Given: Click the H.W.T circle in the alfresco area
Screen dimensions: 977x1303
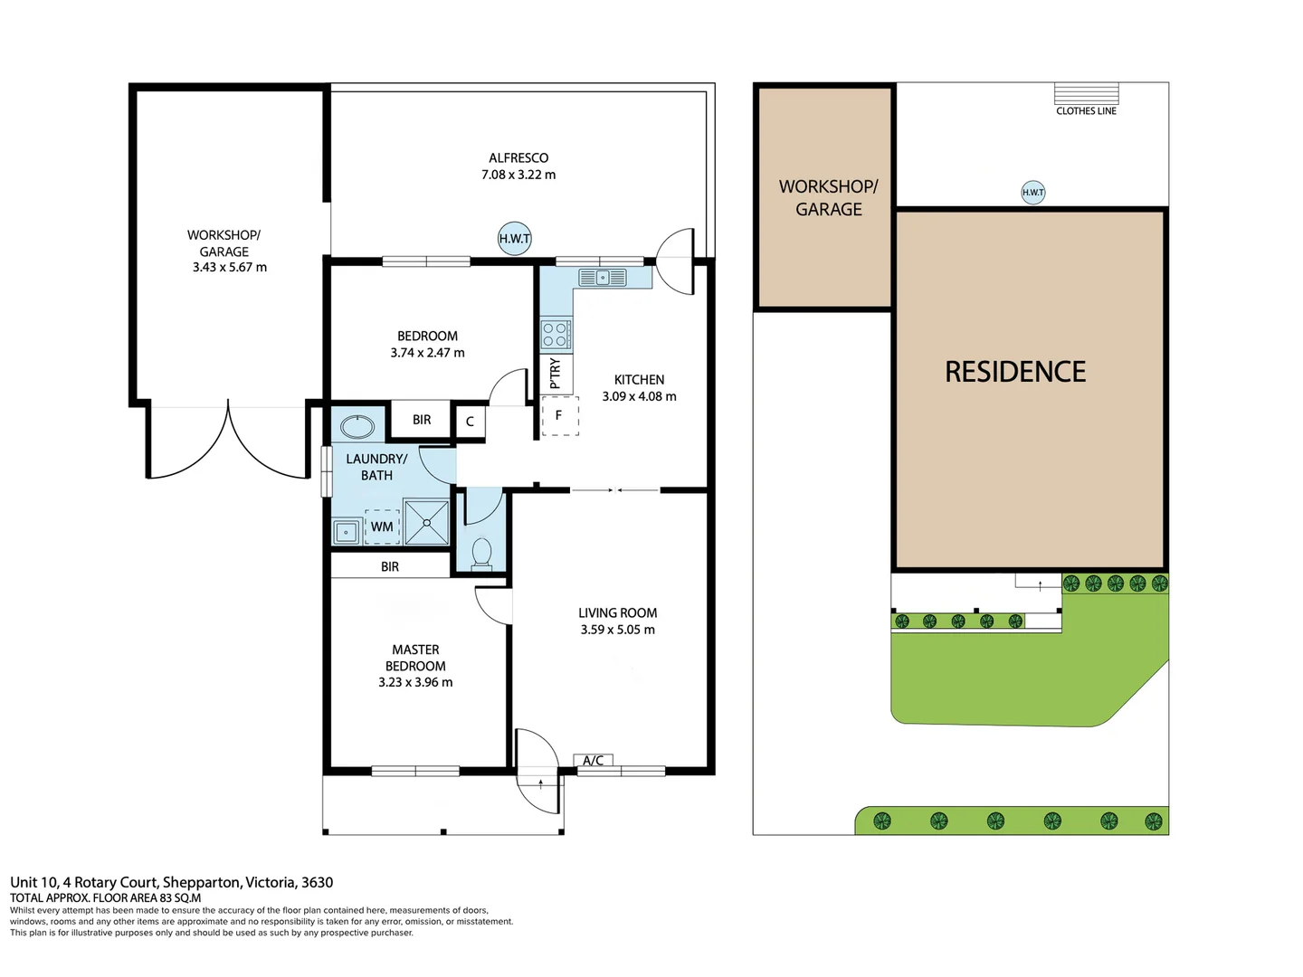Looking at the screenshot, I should pos(514,239).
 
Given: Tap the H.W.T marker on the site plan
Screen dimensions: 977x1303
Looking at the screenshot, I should pos(1032,192).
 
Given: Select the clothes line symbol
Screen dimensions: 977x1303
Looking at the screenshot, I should pos(1086,94).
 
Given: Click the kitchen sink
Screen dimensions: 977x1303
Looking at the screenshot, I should pos(603,278).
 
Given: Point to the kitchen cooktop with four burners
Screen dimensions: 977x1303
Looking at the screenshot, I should pos(556,335).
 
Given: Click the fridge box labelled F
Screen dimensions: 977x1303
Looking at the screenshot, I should pos(559,416).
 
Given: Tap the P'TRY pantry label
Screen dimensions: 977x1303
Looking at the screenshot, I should pos(556,373).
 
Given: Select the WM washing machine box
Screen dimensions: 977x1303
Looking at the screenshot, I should pos(382,526).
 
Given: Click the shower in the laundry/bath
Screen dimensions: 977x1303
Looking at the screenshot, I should pos(426,523).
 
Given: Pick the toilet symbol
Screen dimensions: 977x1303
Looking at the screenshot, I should pos(481,552).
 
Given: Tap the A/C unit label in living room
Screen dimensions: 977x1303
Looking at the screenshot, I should pos(594,761).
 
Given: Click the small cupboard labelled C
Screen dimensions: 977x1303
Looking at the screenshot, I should pos(470,422).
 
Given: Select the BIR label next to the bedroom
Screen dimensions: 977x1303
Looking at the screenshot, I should pos(422,420).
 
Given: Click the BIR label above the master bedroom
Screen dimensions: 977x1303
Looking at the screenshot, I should pos(390,566).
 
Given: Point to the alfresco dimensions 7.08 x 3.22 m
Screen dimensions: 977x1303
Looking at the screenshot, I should pos(518,175).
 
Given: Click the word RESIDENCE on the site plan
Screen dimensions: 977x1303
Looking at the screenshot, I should pos(1015,372).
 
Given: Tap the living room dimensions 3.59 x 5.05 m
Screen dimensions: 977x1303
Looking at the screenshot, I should pos(618,630).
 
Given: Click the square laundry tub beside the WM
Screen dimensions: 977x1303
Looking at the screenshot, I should pos(347,532).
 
